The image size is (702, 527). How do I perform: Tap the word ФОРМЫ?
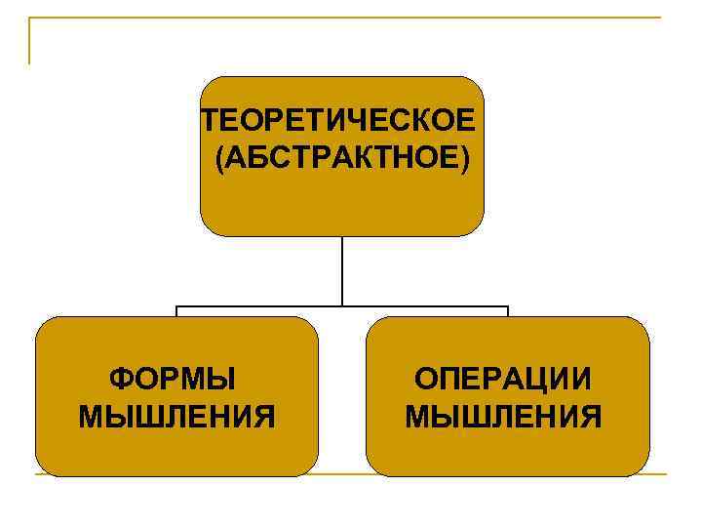pos(176,379)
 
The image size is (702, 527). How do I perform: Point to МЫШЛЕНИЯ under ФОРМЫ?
pos(176,418)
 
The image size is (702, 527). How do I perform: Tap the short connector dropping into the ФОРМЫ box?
pos(176,312)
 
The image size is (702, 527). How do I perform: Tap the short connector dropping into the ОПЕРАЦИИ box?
pos(508,312)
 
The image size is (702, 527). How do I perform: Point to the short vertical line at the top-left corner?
pos(29,41)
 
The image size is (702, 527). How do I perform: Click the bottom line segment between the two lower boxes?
pos(342,475)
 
